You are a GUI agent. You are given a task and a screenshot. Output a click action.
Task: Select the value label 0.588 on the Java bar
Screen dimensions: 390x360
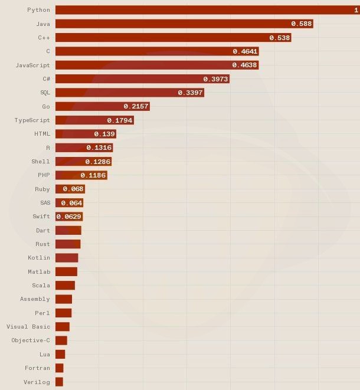pos(301,24)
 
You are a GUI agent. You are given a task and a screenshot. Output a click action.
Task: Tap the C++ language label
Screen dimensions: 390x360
pos(44,38)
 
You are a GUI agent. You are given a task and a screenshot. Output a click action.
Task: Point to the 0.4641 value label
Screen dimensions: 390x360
pos(245,51)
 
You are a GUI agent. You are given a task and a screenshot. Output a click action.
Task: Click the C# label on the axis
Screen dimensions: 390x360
pos(46,79)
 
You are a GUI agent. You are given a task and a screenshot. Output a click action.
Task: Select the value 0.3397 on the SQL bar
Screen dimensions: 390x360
pos(190,93)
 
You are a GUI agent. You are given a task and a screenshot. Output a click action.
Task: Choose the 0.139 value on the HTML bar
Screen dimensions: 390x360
pos(104,134)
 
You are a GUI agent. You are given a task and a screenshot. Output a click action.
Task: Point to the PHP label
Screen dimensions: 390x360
pos(44,175)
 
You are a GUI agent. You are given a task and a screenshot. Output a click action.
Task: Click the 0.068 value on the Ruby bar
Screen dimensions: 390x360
pos(73,189)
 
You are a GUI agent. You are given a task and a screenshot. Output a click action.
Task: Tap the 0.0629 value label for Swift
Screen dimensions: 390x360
pos(68,217)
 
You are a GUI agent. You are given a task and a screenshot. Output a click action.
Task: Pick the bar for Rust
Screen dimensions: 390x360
pos(68,244)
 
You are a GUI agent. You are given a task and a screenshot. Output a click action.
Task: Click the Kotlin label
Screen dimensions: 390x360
pos(39,258)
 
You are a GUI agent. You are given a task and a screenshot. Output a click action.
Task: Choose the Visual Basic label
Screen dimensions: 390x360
pos(28,327)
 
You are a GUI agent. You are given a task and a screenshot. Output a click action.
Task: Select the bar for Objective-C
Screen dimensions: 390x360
pos(61,340)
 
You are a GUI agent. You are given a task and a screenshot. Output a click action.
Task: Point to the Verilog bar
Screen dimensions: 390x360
pos(59,382)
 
